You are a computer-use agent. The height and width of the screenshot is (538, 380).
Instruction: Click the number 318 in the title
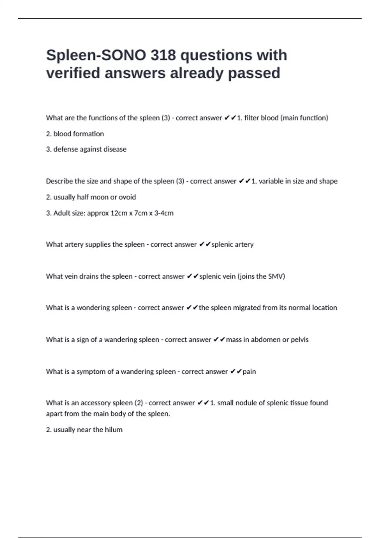[x=163, y=55]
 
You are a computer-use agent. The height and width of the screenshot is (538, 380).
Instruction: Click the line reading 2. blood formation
[x=75, y=134]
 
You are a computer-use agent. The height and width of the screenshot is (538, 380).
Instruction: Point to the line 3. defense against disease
[x=86, y=149]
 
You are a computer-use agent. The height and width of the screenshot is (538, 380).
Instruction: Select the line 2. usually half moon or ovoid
[x=91, y=197]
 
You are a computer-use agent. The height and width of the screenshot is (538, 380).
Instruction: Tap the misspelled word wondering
[x=96, y=308]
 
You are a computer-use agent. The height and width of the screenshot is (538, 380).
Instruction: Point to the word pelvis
[x=300, y=340]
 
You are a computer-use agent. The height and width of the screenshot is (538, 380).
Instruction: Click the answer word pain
[x=249, y=372]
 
